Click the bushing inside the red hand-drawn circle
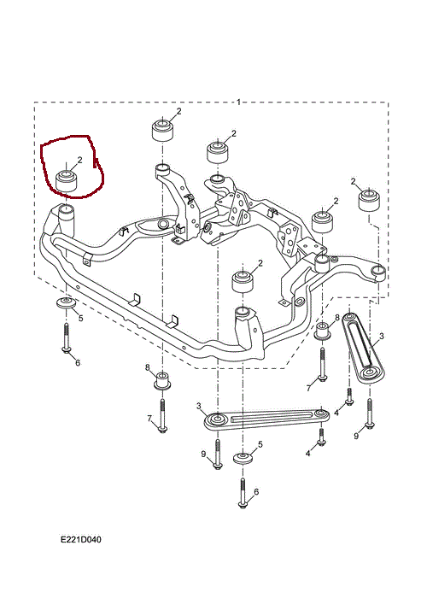(67, 180)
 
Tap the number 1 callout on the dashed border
(239, 102)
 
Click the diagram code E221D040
(81, 540)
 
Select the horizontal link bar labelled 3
(266, 419)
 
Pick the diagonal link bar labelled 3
(364, 346)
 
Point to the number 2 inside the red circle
(79, 160)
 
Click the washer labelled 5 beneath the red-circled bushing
(67, 302)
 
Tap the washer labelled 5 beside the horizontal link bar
(243, 459)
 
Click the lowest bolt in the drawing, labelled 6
(243, 494)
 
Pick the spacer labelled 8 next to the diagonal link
(322, 331)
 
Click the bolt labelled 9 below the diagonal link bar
(370, 413)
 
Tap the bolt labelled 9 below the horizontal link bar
(218, 454)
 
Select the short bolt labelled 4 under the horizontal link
(321, 437)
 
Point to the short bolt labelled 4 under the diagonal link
(349, 396)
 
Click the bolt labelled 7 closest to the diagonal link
(322, 365)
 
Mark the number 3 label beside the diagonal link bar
(381, 337)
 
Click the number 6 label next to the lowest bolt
(256, 491)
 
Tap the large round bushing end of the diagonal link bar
(371, 372)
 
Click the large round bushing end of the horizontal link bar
(217, 419)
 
